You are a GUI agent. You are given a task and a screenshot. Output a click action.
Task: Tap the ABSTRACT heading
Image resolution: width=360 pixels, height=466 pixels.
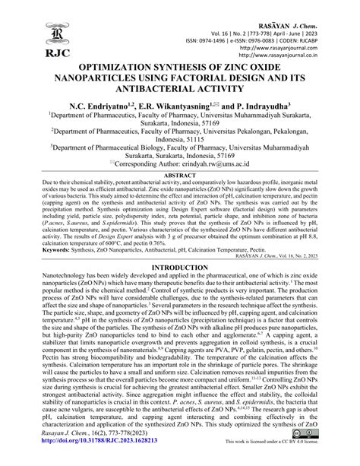click(179, 196)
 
